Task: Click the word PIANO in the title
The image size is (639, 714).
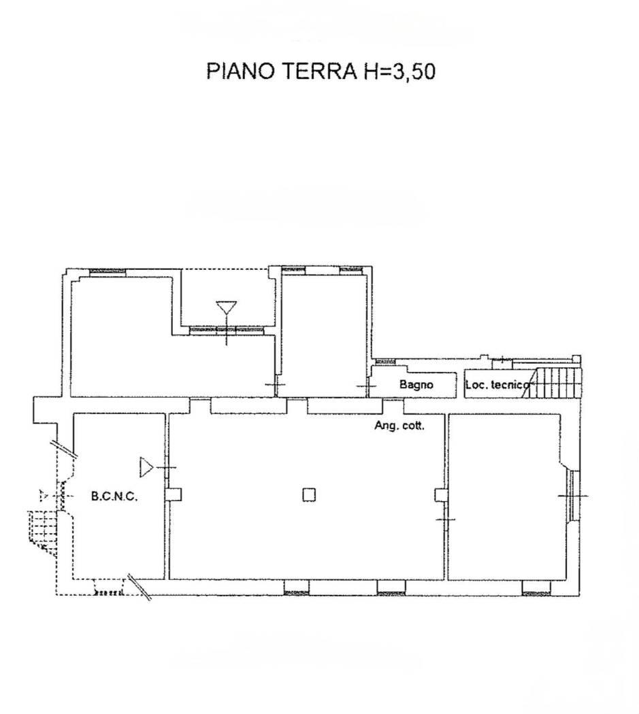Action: coord(241,71)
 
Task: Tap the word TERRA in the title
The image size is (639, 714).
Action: coord(320,71)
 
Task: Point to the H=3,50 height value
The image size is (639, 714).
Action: coord(399,71)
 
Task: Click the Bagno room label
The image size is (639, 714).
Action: coord(416,384)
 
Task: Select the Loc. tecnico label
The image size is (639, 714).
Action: coord(497,385)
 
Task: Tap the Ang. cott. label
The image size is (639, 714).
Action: coord(399,426)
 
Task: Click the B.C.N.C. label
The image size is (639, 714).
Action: coord(114,496)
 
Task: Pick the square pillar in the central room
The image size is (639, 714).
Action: coord(309,494)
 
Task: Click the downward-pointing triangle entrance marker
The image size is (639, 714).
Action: coord(227,308)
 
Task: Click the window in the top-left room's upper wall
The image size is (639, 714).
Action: coord(108,272)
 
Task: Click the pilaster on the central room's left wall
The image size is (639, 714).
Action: coord(174,494)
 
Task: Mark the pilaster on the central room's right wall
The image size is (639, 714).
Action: coord(440,494)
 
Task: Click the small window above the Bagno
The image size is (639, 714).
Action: coord(386,361)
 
